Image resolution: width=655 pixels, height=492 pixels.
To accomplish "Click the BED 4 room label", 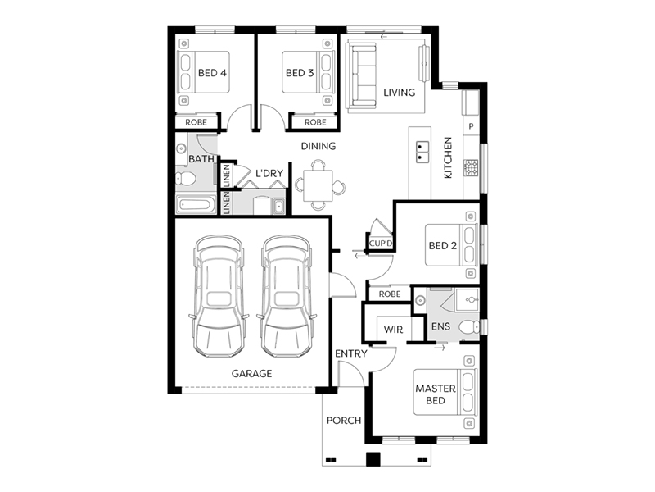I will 212,73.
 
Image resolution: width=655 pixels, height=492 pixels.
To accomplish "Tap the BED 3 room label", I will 299,73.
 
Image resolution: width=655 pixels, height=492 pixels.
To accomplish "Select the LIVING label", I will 400,92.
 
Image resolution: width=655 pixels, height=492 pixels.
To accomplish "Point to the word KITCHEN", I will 448,158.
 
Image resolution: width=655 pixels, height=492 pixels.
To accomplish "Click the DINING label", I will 318,146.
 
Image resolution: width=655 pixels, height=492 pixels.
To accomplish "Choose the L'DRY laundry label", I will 269,174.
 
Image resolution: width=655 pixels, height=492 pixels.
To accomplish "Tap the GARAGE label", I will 251,373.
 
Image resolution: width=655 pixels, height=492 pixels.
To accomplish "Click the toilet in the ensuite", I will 468,328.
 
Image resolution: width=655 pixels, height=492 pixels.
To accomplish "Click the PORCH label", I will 344,421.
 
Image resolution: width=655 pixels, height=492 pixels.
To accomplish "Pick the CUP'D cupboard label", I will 382,244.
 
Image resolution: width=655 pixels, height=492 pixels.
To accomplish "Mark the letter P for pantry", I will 471,127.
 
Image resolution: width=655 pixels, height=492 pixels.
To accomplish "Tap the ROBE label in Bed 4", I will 196,122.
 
